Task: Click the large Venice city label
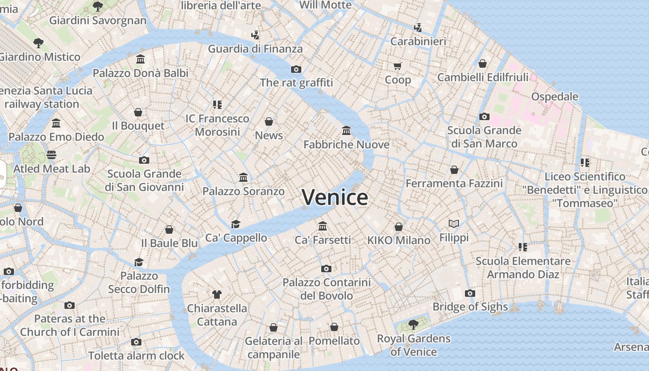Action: (335, 197)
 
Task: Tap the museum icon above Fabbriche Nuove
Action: (346, 130)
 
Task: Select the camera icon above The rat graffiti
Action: (296, 69)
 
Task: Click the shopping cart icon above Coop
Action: (397, 66)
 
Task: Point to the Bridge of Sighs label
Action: (470, 307)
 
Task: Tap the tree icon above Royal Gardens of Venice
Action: (413, 324)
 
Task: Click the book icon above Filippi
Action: (454, 224)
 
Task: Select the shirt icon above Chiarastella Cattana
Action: (216, 294)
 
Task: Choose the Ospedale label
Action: (554, 96)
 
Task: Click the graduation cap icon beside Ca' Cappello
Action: (236, 224)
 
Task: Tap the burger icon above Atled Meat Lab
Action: (51, 154)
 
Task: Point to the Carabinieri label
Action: (418, 41)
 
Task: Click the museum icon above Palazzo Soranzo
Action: (243, 177)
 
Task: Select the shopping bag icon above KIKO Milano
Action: (399, 226)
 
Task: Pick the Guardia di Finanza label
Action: (255, 49)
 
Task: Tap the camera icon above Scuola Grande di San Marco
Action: (484, 116)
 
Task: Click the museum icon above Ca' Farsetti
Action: (323, 226)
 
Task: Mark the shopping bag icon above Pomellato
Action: (334, 327)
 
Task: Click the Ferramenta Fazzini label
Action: (454, 183)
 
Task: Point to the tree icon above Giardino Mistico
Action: (38, 43)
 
